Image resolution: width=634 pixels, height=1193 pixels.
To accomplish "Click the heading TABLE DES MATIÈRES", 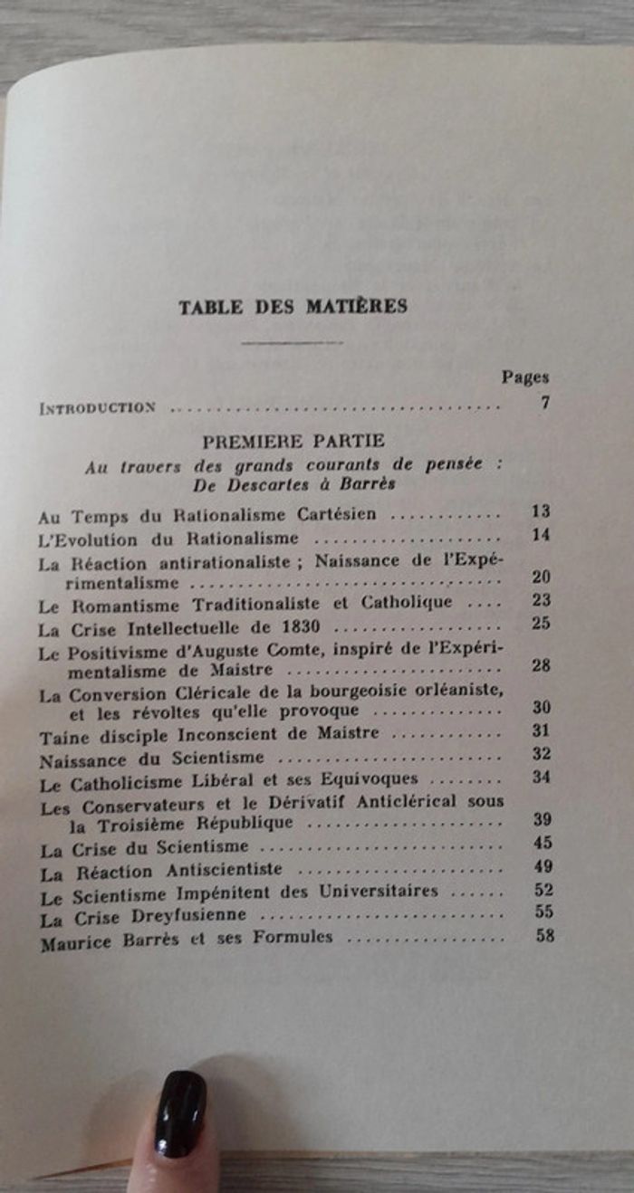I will click(293, 306).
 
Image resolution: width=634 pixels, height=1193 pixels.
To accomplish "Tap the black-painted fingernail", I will click(179, 1113).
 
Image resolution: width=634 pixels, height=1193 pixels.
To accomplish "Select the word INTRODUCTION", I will click(97, 408).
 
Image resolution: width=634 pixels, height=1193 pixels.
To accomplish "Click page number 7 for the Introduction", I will click(545, 403).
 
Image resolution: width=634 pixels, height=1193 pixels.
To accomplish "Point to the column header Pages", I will click(525, 377).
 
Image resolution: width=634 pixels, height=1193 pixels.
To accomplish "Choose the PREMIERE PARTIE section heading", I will click(293, 441).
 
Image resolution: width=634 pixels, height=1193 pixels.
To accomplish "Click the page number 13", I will click(542, 511).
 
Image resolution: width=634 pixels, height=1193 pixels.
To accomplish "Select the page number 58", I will click(544, 935).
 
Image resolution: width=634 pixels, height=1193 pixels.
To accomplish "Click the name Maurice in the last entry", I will click(76, 940).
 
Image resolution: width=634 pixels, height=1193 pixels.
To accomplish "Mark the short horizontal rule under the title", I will click(293, 342).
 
